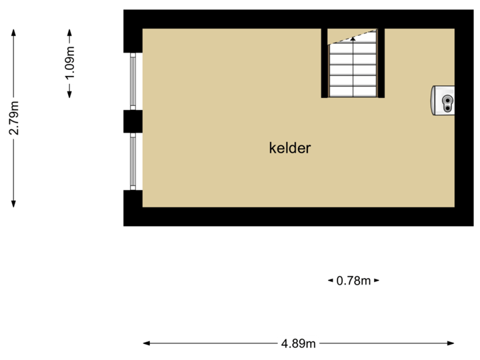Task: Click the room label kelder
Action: click(x=290, y=148)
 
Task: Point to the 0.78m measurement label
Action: click(x=353, y=281)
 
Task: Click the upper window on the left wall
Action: click(x=133, y=81)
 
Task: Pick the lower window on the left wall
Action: click(x=133, y=160)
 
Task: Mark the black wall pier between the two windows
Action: click(x=133, y=121)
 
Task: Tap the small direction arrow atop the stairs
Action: click(x=353, y=38)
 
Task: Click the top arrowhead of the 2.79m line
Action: click(x=13, y=29)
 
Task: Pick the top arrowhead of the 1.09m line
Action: click(x=70, y=29)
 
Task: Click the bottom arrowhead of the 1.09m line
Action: click(x=70, y=97)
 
